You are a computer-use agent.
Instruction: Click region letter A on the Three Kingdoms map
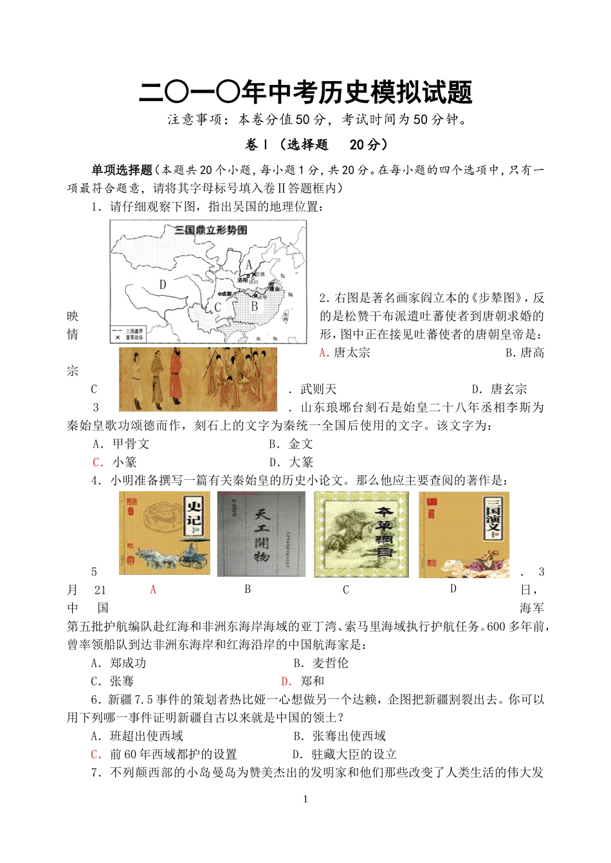(x=249, y=264)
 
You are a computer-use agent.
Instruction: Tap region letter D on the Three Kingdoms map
(x=163, y=284)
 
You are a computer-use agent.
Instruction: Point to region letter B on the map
(x=254, y=306)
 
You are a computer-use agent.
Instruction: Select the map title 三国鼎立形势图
(x=212, y=230)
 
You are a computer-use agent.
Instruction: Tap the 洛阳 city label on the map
(x=242, y=280)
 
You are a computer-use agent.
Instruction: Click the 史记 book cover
(x=164, y=533)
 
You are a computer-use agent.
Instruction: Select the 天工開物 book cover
(x=261, y=534)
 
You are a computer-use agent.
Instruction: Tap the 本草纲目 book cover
(x=361, y=534)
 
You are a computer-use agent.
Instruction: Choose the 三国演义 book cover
(x=464, y=534)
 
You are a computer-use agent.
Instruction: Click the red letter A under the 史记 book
(x=153, y=590)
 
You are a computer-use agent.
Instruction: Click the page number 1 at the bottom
(x=305, y=799)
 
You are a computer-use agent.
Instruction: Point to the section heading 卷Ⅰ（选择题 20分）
(x=317, y=145)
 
